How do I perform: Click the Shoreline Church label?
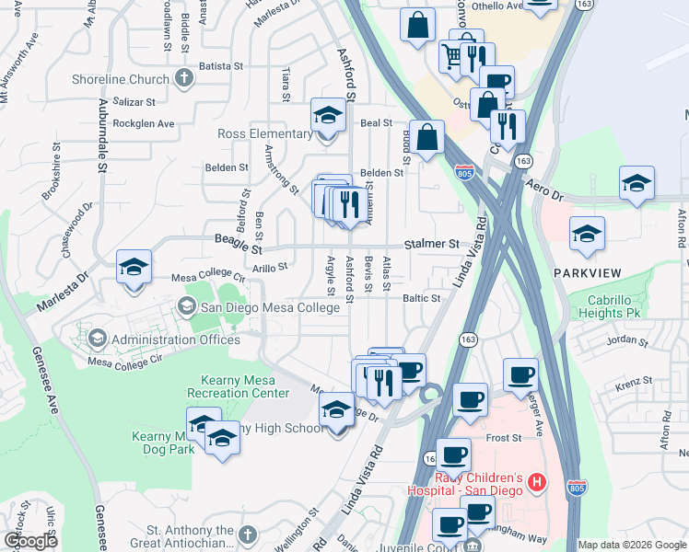point(123,79)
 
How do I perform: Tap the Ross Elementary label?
point(265,133)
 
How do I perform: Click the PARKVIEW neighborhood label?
point(588,273)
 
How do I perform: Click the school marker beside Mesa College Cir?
point(134,269)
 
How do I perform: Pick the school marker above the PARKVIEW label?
point(587,235)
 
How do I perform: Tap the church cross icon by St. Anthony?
point(247,535)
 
